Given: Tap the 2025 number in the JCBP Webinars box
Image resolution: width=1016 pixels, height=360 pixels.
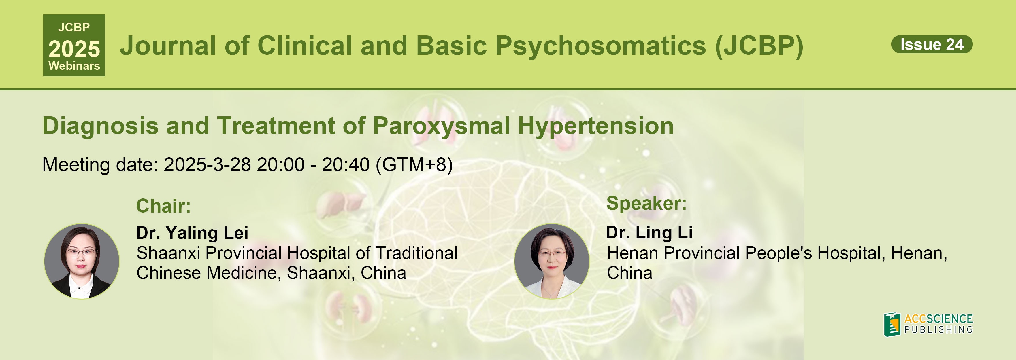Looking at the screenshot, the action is tap(74, 49).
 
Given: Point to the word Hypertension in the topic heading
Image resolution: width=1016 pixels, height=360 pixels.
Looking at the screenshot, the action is tap(595, 126).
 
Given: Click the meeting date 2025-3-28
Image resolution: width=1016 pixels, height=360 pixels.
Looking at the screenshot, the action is tap(207, 164).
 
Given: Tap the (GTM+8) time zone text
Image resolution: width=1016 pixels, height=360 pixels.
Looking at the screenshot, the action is tap(414, 164).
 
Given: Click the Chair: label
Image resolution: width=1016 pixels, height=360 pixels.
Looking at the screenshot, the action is tap(163, 206).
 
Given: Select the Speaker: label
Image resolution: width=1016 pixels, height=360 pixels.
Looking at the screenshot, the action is tap(646, 203).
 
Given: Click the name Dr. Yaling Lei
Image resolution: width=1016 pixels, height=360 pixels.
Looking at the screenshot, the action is tap(192, 233).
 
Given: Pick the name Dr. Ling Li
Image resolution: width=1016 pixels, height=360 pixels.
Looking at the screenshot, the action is tap(649, 233).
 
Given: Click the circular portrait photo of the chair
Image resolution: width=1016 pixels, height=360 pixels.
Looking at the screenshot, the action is tap(82, 261).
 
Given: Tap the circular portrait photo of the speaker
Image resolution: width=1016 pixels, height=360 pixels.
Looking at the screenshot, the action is tap(552, 261).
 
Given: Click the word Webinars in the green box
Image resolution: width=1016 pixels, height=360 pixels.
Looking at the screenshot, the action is tap(74, 66).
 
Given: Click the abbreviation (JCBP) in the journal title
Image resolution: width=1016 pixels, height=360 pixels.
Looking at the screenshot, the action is tap(759, 46).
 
